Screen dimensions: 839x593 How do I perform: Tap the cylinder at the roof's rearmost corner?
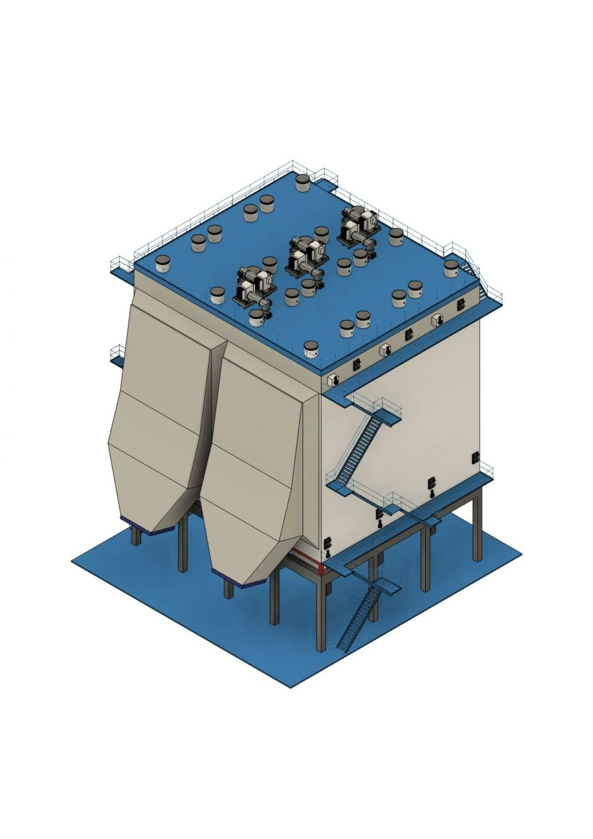tap(302, 183)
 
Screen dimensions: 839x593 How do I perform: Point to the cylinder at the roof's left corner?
tap(163, 264)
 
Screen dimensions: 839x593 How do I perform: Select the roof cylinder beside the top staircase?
tap(451, 268)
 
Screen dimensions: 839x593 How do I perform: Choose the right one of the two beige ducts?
tap(254, 461)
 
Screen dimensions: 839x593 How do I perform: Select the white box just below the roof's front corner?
tap(333, 380)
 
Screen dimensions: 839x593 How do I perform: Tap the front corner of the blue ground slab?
tap(291, 686)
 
